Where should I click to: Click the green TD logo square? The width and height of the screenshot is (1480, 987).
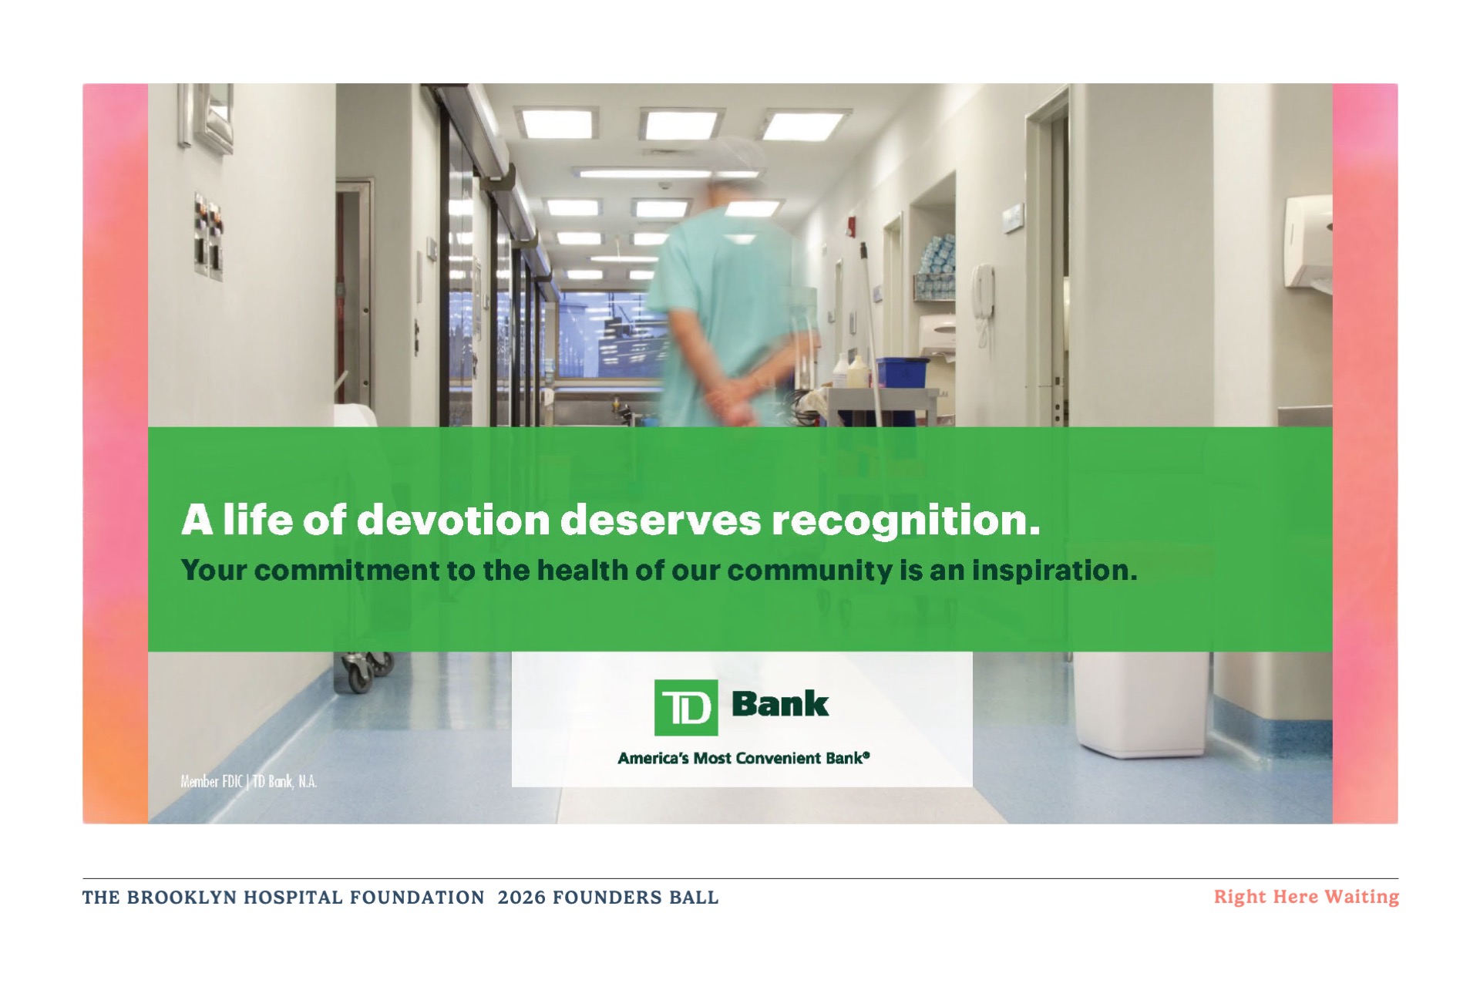pyautogui.click(x=685, y=707)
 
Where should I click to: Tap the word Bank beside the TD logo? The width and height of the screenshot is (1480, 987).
pyautogui.click(x=779, y=703)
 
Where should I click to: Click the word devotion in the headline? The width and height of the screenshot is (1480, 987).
pyautogui.click(x=452, y=520)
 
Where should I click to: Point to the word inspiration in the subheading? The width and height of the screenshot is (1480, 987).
pyautogui.click(x=1054, y=571)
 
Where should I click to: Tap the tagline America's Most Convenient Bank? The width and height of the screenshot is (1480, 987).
pyautogui.click(x=743, y=758)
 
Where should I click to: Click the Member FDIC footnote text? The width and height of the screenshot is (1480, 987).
pyautogui.click(x=248, y=781)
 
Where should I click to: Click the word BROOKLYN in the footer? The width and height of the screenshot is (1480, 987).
pyautogui.click(x=181, y=898)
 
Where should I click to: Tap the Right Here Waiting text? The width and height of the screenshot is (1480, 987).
pyautogui.click(x=1306, y=897)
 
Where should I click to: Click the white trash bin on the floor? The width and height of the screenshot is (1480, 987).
pyautogui.click(x=1142, y=703)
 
